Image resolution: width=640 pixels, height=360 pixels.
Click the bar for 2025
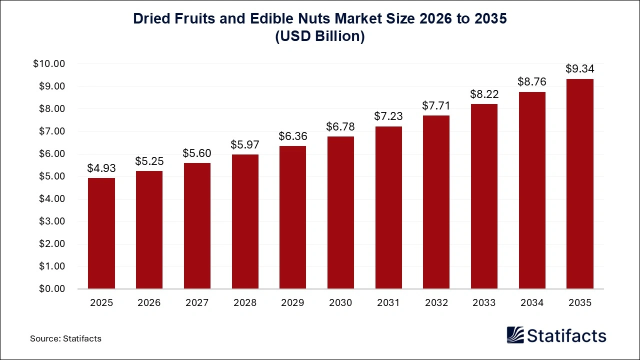101,233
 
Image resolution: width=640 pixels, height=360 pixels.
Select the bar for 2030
340,212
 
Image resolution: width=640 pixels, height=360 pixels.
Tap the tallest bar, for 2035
579,183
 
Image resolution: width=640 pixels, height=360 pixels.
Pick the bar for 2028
244,221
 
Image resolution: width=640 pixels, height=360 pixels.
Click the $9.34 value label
579,68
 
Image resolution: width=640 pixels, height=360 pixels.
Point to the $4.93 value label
101,168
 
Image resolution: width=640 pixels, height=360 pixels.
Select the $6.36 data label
292,136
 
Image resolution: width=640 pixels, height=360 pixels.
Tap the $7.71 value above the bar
436,105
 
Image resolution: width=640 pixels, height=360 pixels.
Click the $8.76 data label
532,81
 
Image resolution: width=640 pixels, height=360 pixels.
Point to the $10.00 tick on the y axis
49,64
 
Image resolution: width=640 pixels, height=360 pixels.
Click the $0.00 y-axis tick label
51,289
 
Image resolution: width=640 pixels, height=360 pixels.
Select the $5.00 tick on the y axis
51,176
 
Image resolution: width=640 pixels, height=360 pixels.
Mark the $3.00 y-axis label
51,221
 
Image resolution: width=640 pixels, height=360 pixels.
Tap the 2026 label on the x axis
149,303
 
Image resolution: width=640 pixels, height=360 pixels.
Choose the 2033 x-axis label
484,303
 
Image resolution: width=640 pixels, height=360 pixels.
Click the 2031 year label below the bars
388,303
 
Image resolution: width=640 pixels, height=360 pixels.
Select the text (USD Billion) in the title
320,36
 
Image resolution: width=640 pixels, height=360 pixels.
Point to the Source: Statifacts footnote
65,338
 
